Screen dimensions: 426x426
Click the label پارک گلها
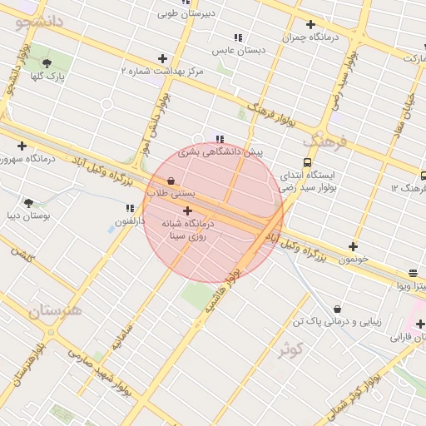pyautogui.click(x=47, y=77)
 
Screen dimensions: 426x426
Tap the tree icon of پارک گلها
pyautogui.click(x=47, y=62)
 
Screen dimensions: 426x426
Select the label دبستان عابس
pyautogui.click(x=238, y=51)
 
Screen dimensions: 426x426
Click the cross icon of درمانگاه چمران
pyautogui.click(x=310, y=24)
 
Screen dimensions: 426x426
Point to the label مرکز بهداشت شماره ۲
pyautogui.click(x=162, y=72)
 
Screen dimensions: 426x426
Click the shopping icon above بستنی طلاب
pyautogui.click(x=171, y=180)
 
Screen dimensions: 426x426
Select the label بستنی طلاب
pyautogui.click(x=171, y=193)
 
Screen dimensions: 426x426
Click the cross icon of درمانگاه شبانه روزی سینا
pyautogui.click(x=186, y=211)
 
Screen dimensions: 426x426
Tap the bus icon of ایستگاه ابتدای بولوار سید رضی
pyautogui.click(x=308, y=163)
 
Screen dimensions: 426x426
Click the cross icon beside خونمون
pyautogui.click(x=354, y=246)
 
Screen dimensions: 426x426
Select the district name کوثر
pyautogui.click(x=290, y=349)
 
